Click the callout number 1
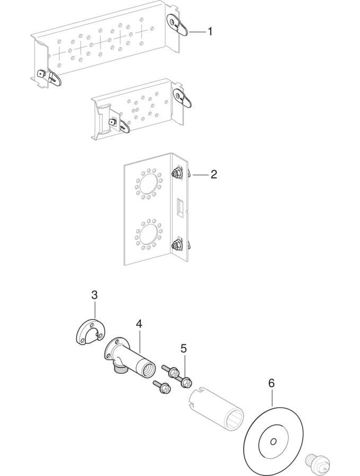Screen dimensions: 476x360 [x=210, y=32]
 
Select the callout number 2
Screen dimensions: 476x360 [x=213, y=174]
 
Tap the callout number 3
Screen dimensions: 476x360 [x=94, y=295]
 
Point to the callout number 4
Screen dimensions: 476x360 [x=139, y=323]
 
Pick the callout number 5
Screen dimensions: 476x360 [x=184, y=348]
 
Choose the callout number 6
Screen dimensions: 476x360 [x=271, y=383]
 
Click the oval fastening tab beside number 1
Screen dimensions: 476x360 [x=178, y=24]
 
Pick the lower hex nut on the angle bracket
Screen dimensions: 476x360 [x=175, y=244]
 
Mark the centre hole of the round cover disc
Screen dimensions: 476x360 [x=273, y=442]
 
